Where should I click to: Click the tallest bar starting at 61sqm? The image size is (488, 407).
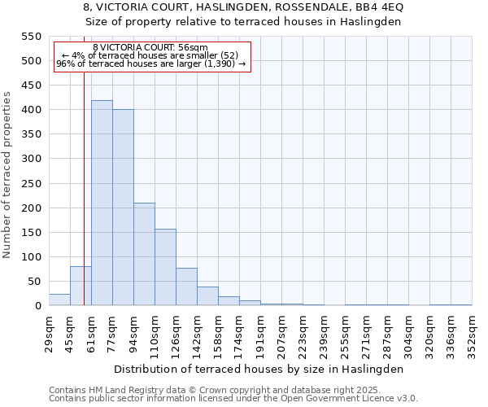tap(102, 203)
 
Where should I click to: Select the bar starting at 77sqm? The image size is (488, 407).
tap(123, 208)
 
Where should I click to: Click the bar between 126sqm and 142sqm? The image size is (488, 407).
tap(186, 287)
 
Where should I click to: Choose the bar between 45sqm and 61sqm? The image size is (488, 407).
tap(81, 286)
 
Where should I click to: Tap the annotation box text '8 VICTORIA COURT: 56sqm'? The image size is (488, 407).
tap(150, 48)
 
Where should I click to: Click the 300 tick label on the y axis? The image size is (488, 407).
tap(30, 159)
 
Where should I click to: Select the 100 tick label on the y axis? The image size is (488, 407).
tap(30, 257)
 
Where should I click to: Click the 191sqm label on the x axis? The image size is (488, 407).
tap(260, 333)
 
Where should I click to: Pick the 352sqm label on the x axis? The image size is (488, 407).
tap(472, 333)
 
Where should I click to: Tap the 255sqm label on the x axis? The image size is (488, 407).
tap(345, 333)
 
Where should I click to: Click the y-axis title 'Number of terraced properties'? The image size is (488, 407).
tap(7, 175)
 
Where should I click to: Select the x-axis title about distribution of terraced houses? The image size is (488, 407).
tap(259, 369)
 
